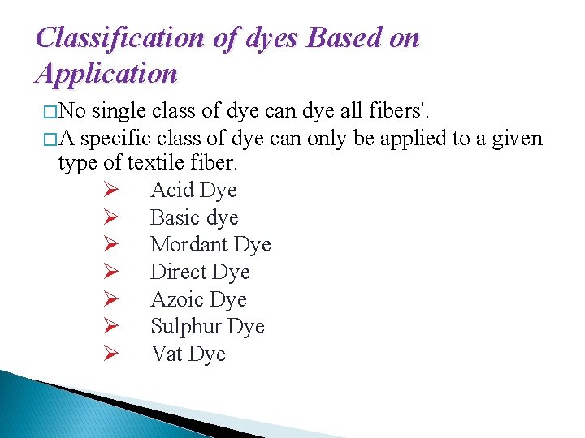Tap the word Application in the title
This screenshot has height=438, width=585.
(106, 74)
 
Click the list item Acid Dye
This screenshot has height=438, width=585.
(193, 191)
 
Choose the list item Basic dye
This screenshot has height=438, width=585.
(194, 217)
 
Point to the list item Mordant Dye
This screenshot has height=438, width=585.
(210, 245)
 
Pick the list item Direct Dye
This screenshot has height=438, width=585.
(200, 273)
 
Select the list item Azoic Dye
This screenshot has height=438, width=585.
(198, 299)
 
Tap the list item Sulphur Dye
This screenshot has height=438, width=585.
(207, 327)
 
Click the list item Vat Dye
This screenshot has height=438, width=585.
(188, 354)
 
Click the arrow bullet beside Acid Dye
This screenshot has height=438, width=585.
(112, 191)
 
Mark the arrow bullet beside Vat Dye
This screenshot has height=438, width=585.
(112, 354)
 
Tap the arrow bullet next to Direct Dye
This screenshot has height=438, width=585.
(112, 273)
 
